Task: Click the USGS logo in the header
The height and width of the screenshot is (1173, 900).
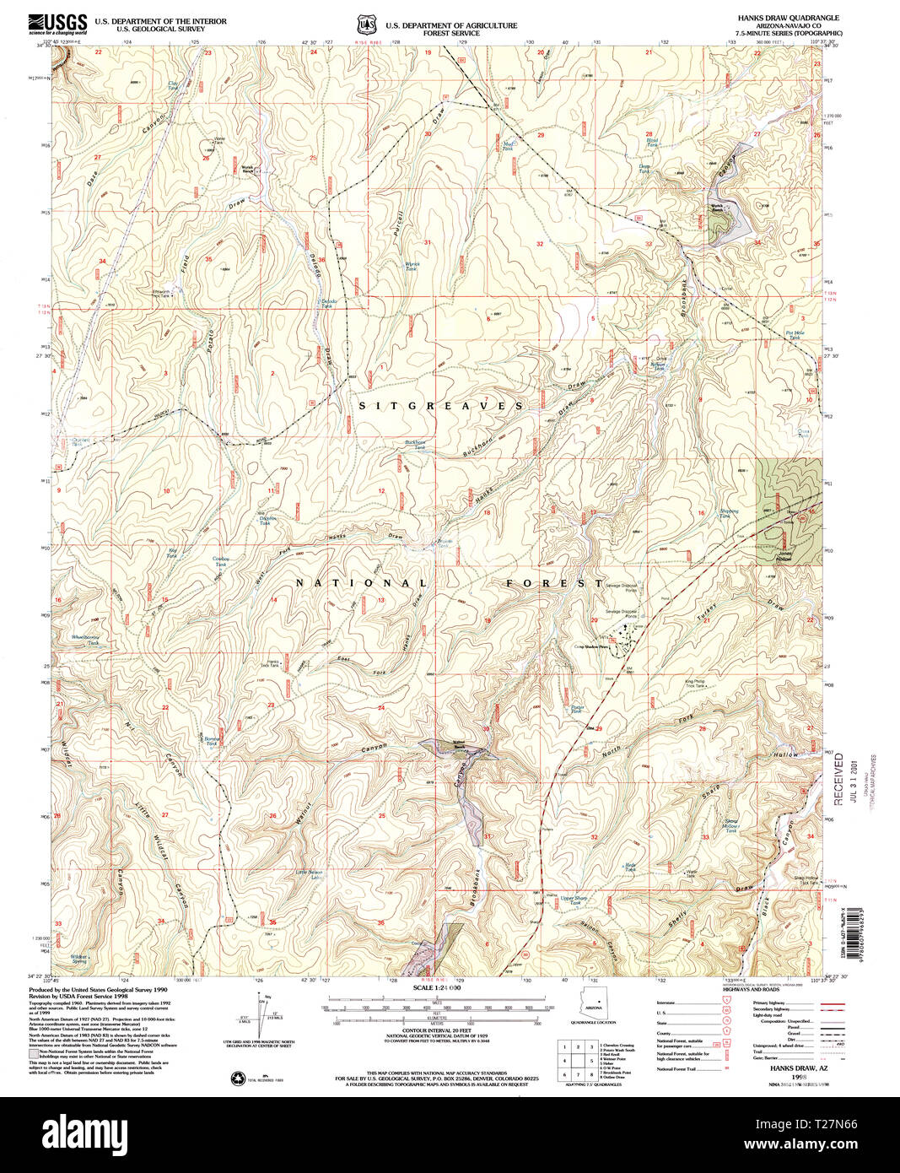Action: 57,23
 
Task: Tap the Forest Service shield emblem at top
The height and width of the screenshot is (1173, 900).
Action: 365,24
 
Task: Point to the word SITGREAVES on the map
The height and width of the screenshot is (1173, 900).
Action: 441,406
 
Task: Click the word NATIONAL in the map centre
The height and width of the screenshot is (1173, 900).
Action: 361,583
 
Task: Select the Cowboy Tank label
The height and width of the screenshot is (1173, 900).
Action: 222,560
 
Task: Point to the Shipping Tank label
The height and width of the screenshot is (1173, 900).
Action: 727,513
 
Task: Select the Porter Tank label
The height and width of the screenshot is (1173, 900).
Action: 577,709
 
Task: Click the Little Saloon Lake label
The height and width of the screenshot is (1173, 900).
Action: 309,875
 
